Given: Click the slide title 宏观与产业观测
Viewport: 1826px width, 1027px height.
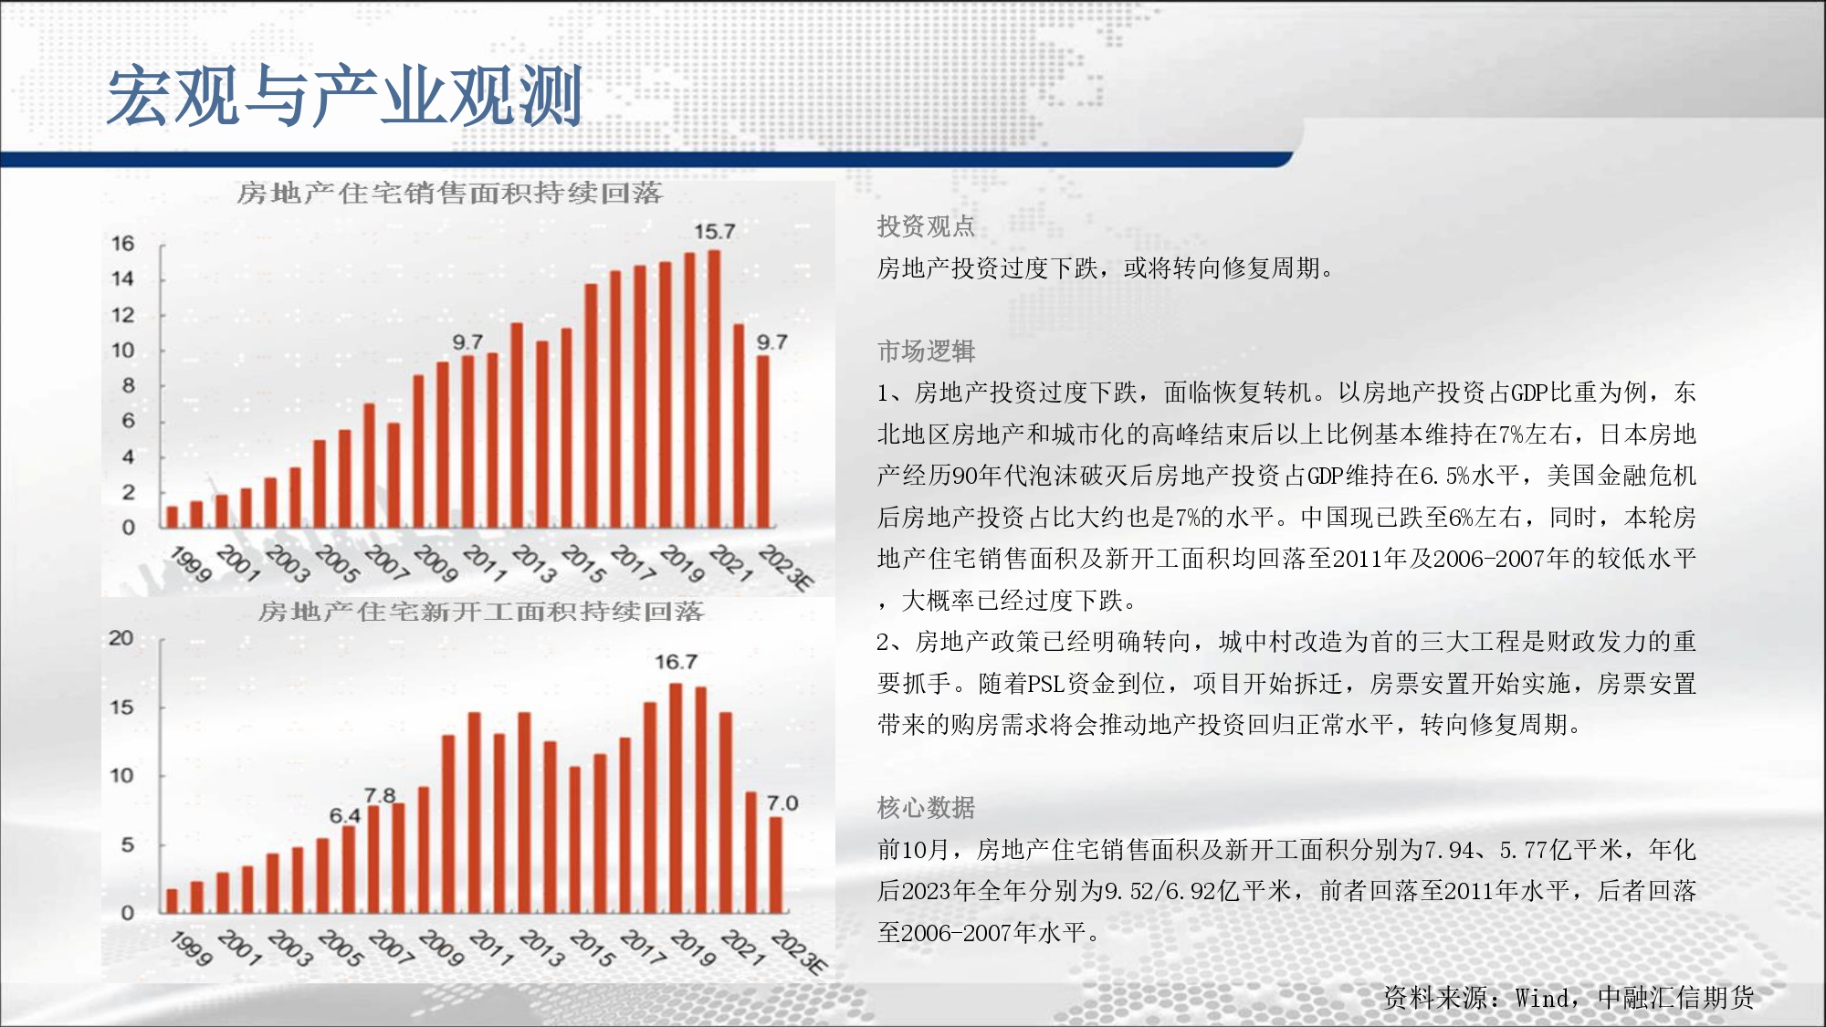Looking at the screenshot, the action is pos(345,95).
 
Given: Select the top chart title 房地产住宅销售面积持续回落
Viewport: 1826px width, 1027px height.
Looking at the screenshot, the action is pos(449,194).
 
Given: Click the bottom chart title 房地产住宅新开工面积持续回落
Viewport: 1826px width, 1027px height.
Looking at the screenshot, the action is pos(481,612).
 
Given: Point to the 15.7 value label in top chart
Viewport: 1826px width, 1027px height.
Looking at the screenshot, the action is pos(714,232).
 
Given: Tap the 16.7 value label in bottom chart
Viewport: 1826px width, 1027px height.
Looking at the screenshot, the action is pos(676,662).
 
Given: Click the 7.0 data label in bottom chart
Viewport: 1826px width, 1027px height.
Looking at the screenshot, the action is pos(782,803).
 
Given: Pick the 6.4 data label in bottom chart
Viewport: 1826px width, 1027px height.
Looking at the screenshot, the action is pos(345,815).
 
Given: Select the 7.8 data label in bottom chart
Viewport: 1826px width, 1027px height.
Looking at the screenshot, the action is pos(380,795).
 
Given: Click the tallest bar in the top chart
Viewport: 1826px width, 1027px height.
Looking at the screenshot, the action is pos(714,389).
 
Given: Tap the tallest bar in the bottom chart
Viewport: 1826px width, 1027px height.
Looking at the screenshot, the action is pos(676,798).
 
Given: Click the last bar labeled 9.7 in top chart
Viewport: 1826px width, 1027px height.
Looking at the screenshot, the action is pos(763,442).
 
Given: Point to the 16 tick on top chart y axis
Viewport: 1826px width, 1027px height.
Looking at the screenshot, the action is pos(122,244).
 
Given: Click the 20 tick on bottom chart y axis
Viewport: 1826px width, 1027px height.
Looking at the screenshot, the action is pos(121,638).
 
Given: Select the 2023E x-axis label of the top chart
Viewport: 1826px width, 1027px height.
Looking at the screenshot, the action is pos(785,568).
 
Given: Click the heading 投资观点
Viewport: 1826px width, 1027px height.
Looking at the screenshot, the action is pos(926,226).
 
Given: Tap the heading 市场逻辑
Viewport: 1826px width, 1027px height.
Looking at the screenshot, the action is pos(926,351).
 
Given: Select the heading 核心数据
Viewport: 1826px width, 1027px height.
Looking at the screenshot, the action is pos(926,808).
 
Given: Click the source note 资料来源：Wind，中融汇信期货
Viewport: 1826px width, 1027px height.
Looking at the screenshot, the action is pos(1569,998).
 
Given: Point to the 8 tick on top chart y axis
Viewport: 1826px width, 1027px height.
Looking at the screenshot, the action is pos(128,386).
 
